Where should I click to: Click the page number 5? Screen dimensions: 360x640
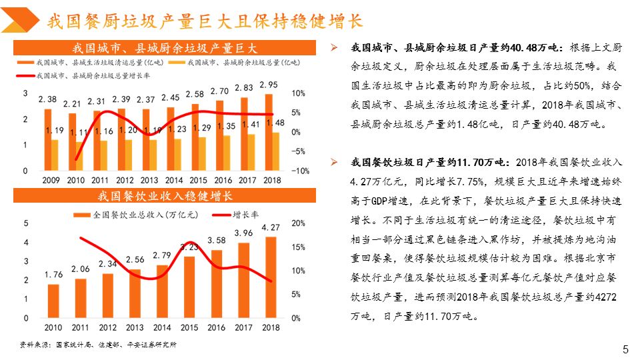point(625,349)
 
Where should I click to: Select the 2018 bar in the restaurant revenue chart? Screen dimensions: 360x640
point(270,277)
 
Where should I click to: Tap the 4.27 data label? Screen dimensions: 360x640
point(270,228)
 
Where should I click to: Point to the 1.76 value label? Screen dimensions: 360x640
point(53,274)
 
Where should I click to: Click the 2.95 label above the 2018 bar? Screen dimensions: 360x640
point(269,85)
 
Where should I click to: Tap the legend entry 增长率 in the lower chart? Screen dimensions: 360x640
point(245,215)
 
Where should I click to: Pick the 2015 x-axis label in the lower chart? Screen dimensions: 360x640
point(189,327)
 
